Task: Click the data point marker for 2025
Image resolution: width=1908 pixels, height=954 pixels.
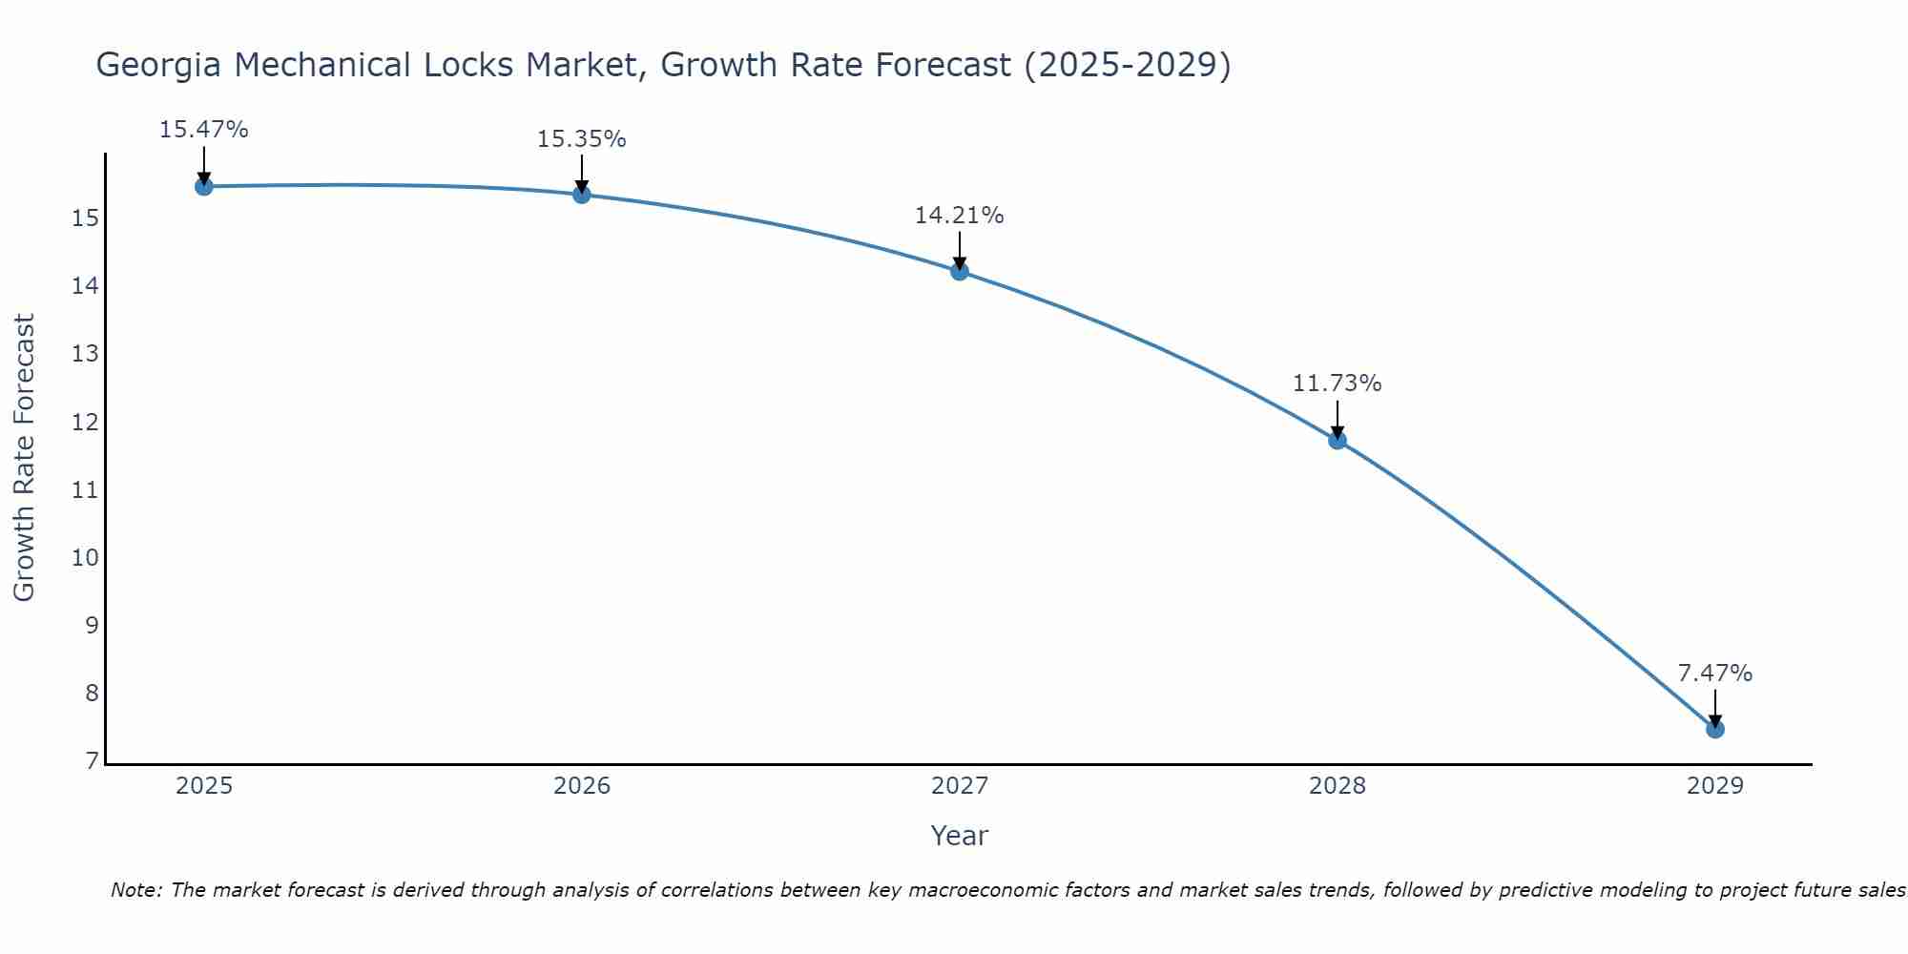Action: coord(203,186)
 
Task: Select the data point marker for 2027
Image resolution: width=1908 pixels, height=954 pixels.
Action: coord(959,271)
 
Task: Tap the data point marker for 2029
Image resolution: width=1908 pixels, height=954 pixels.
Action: coord(1714,729)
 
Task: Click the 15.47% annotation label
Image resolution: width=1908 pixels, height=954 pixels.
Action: coord(203,130)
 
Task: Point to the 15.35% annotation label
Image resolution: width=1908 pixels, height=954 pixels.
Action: coord(581,139)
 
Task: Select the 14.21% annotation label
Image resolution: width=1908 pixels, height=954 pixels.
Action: coord(959,216)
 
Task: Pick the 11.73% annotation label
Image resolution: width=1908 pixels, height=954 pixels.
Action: coord(1337,384)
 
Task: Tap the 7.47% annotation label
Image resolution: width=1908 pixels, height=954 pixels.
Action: coord(1714,674)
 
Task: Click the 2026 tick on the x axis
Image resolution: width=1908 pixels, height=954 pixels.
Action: coord(582,786)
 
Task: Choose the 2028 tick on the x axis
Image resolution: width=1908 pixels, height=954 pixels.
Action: coord(1338,786)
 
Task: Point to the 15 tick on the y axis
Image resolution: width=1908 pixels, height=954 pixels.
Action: coord(85,218)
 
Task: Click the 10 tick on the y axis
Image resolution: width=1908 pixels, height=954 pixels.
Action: coord(85,557)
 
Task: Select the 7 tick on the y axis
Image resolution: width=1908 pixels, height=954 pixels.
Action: coord(92,760)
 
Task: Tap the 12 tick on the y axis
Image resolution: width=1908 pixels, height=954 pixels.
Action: coord(85,422)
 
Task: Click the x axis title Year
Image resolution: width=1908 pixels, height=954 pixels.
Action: coord(959,836)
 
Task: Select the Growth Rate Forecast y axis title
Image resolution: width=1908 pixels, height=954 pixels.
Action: coord(24,457)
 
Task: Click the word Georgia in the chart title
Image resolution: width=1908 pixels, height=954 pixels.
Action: coord(159,65)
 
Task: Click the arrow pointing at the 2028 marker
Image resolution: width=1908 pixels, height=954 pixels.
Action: coord(1337,421)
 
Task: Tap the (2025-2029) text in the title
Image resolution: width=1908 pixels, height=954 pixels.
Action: coord(1127,65)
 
